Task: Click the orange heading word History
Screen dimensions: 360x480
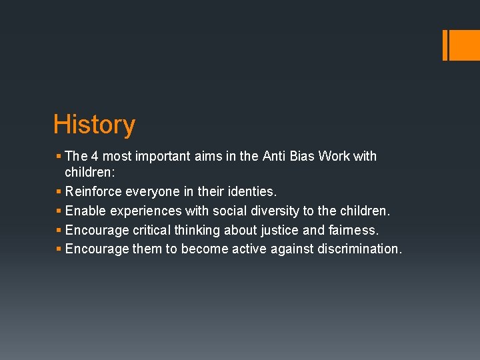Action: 94,125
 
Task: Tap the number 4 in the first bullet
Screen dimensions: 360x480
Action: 95,156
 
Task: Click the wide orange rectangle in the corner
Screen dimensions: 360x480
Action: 464,45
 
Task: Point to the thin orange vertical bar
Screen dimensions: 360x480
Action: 445,45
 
